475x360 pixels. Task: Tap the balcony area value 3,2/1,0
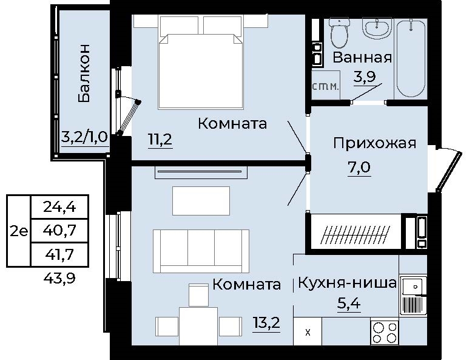(85, 137)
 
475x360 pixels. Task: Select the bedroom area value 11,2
(161, 140)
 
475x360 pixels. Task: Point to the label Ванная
(362, 58)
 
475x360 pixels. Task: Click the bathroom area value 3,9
(365, 76)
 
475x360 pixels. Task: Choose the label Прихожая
(374, 143)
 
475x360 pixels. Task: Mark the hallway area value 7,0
(359, 165)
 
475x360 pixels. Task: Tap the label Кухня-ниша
(347, 283)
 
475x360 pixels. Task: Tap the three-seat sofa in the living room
(201, 251)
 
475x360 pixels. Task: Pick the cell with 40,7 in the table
(59, 230)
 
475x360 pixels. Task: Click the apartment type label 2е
(19, 231)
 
